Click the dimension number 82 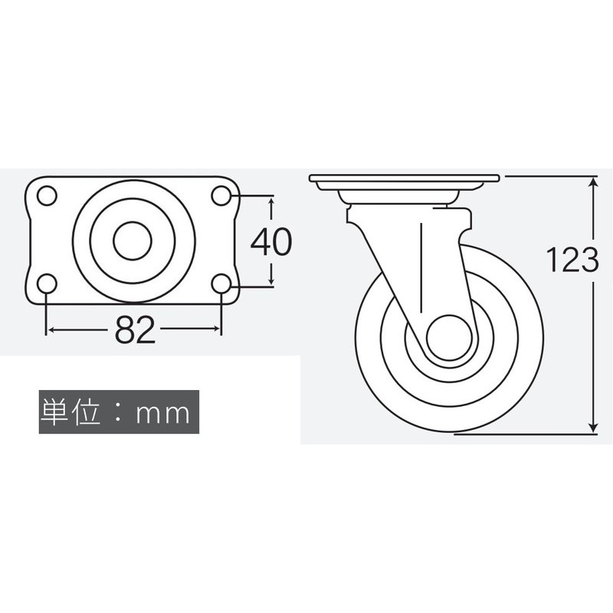[135, 330]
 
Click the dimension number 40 [271, 241]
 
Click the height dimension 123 [572, 260]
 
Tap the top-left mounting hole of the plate [47, 195]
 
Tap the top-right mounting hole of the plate [221, 195]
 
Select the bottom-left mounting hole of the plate [47, 284]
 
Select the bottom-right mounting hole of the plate [221, 284]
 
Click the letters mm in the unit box [162, 413]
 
